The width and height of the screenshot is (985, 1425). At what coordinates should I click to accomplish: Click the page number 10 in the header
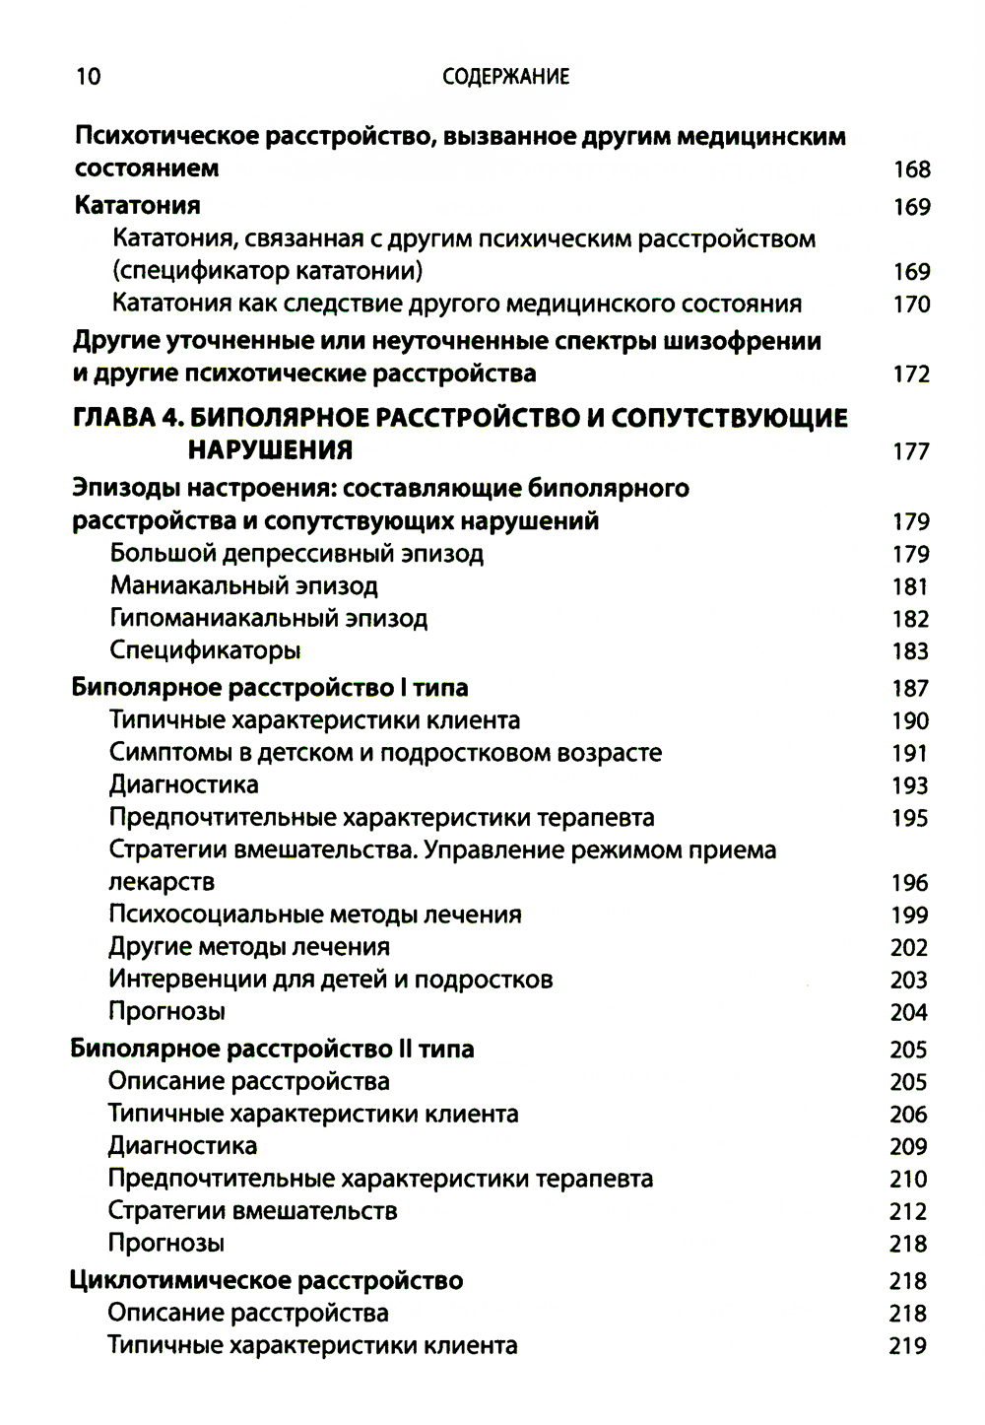point(88,77)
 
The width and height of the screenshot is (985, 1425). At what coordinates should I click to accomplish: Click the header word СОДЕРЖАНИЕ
point(505,77)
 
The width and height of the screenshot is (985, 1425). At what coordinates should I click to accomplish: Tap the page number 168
point(911,170)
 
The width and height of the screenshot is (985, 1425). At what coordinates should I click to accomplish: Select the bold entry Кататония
point(138,205)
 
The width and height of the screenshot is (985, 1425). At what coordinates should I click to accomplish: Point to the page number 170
point(911,304)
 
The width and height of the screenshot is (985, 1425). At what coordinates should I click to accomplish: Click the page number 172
point(911,374)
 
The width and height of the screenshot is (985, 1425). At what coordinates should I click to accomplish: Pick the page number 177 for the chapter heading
point(911,451)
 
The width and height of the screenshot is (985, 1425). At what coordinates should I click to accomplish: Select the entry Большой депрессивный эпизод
point(296,553)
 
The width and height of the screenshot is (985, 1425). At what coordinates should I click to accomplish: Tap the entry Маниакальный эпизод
point(243,585)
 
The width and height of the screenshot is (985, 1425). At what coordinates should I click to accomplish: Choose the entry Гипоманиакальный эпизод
point(269,618)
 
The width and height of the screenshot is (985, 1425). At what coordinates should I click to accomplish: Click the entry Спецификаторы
point(205,650)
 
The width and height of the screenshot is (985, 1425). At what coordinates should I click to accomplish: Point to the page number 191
point(910,754)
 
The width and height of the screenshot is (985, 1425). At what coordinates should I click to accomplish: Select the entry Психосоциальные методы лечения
point(315,915)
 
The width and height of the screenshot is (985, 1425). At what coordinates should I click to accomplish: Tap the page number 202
point(909,948)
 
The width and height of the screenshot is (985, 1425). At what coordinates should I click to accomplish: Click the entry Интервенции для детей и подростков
point(331,980)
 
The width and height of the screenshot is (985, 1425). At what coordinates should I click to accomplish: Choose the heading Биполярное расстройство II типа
point(272,1049)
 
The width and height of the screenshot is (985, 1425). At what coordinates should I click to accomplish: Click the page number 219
point(908,1346)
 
